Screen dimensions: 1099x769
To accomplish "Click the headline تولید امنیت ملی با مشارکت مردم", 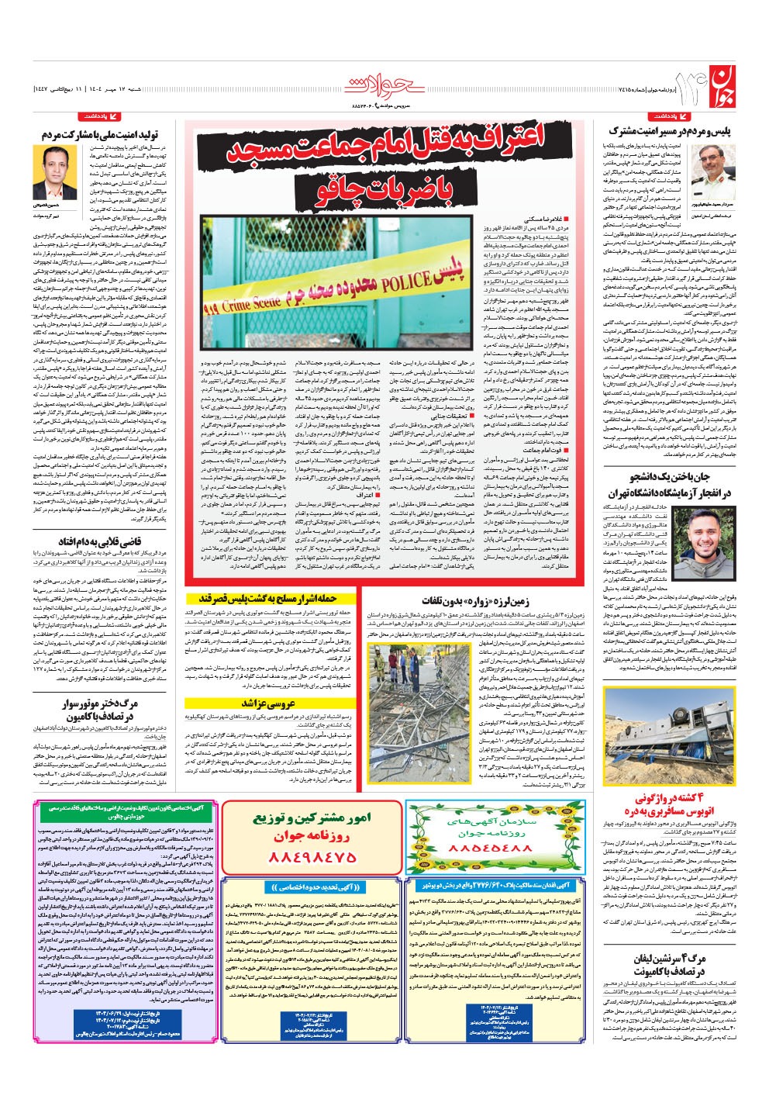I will tap(94, 135).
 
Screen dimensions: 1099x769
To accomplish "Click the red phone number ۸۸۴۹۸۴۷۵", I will tap(312, 856).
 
